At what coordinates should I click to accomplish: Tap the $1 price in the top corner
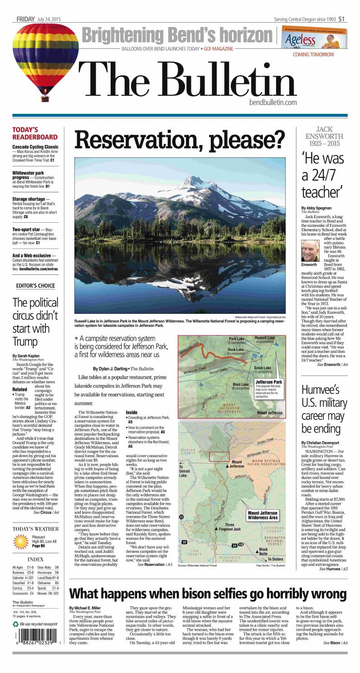tap(341, 19)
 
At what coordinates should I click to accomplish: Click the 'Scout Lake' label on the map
tap(263, 368)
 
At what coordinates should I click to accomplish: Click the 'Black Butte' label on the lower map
tap(263, 551)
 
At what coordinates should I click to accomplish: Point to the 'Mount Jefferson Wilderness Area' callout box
tap(262, 515)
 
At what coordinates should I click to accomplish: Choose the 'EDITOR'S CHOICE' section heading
tap(35, 286)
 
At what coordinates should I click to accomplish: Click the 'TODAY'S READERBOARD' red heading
tap(35, 133)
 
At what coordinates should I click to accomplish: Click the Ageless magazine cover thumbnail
tap(314, 37)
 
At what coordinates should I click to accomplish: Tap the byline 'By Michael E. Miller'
tap(85, 607)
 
